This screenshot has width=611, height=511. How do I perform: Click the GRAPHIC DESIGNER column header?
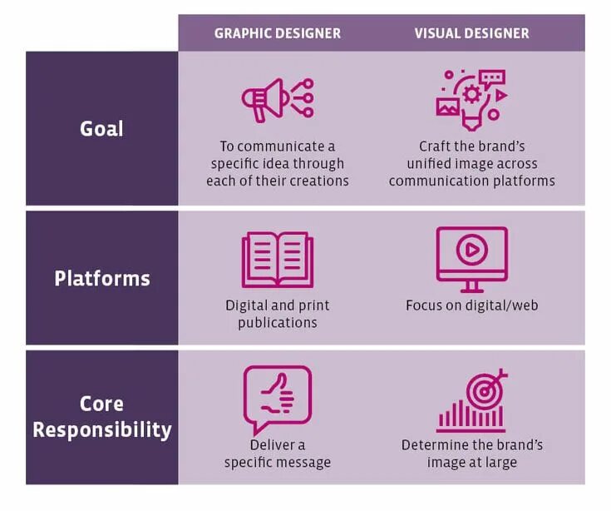click(277, 33)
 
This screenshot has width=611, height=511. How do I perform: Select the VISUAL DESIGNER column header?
click(471, 33)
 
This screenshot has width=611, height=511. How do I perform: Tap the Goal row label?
click(101, 129)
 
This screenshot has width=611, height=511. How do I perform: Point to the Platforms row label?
click(101, 278)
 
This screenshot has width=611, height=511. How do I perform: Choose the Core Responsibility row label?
click(101, 417)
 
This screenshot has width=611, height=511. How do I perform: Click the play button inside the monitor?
click(471, 249)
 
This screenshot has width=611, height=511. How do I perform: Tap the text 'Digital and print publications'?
click(277, 314)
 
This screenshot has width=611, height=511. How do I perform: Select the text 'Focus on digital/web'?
click(471, 305)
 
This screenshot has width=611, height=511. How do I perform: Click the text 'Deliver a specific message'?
click(277, 454)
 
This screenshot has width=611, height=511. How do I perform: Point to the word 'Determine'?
click(436, 445)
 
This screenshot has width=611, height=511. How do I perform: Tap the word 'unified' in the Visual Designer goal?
click(432, 164)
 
